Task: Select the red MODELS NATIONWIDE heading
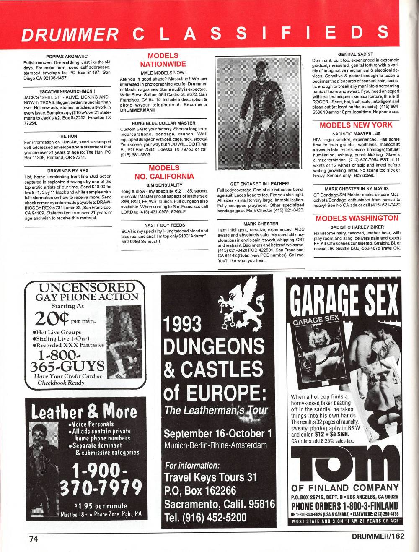point(163,60)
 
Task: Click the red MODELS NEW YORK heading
point(356,125)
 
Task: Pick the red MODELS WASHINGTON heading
point(357,218)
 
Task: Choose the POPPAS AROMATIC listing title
point(67,56)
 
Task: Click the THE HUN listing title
point(67,136)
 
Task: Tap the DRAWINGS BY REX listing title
point(67,171)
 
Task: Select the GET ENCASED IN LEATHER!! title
point(260,184)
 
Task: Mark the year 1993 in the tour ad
point(183,325)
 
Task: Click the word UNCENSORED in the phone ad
point(87,288)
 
